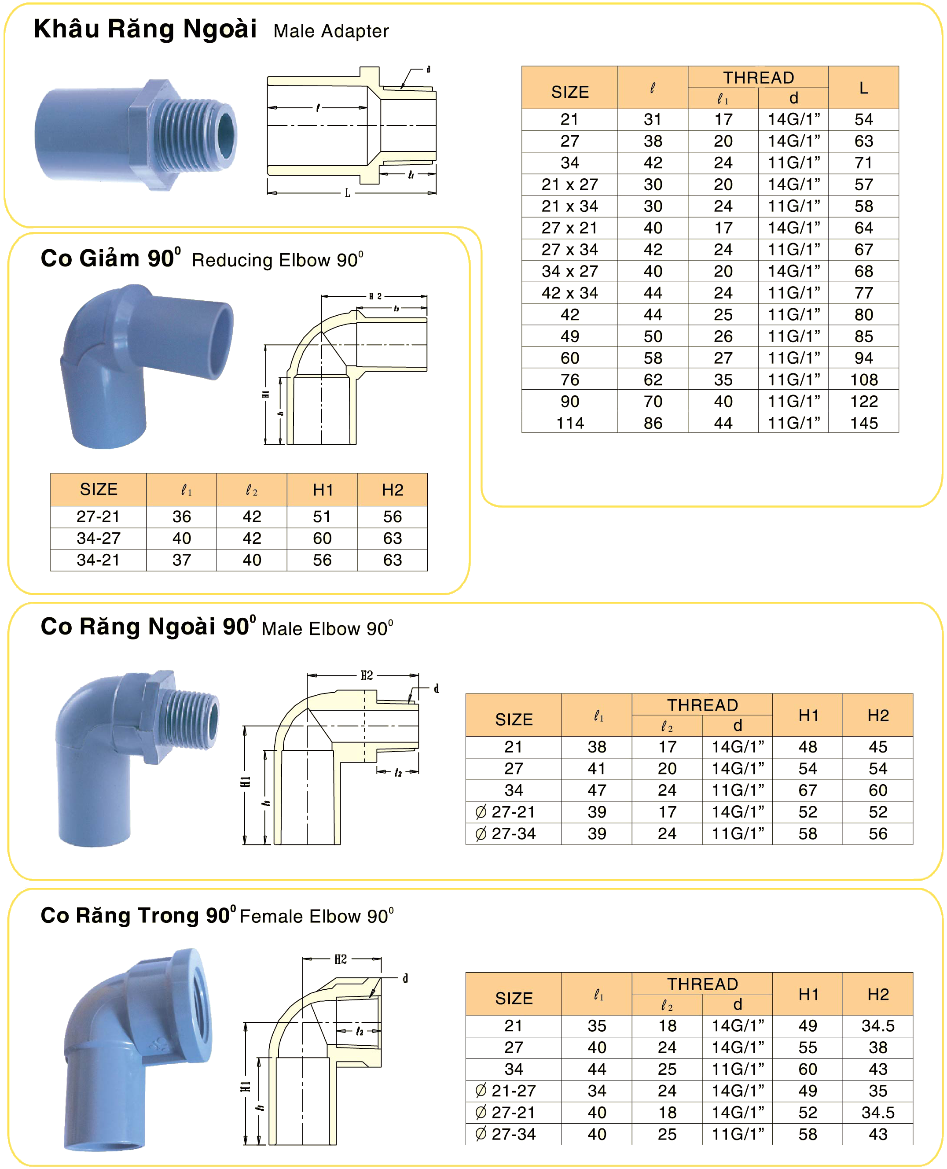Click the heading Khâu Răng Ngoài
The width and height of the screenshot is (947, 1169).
click(145, 29)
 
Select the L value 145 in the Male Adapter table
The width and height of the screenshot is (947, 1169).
click(863, 423)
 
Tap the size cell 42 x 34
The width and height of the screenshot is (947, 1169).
click(569, 293)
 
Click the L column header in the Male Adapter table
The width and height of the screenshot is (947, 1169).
click(863, 88)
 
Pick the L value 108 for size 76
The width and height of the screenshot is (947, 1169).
click(863, 380)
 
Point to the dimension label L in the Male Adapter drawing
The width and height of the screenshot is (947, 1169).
click(348, 193)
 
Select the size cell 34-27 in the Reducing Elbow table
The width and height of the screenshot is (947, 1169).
click(98, 538)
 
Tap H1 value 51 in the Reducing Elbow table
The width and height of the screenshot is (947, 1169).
click(322, 517)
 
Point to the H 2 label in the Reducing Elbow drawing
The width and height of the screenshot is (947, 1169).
click(375, 296)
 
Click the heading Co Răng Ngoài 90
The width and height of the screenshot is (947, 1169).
click(147, 627)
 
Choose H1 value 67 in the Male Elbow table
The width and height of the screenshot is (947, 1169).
click(808, 790)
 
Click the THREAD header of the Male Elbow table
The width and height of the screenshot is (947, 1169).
click(702, 705)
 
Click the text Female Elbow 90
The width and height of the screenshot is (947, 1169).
click(316, 916)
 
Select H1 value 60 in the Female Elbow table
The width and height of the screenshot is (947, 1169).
click(808, 1069)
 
